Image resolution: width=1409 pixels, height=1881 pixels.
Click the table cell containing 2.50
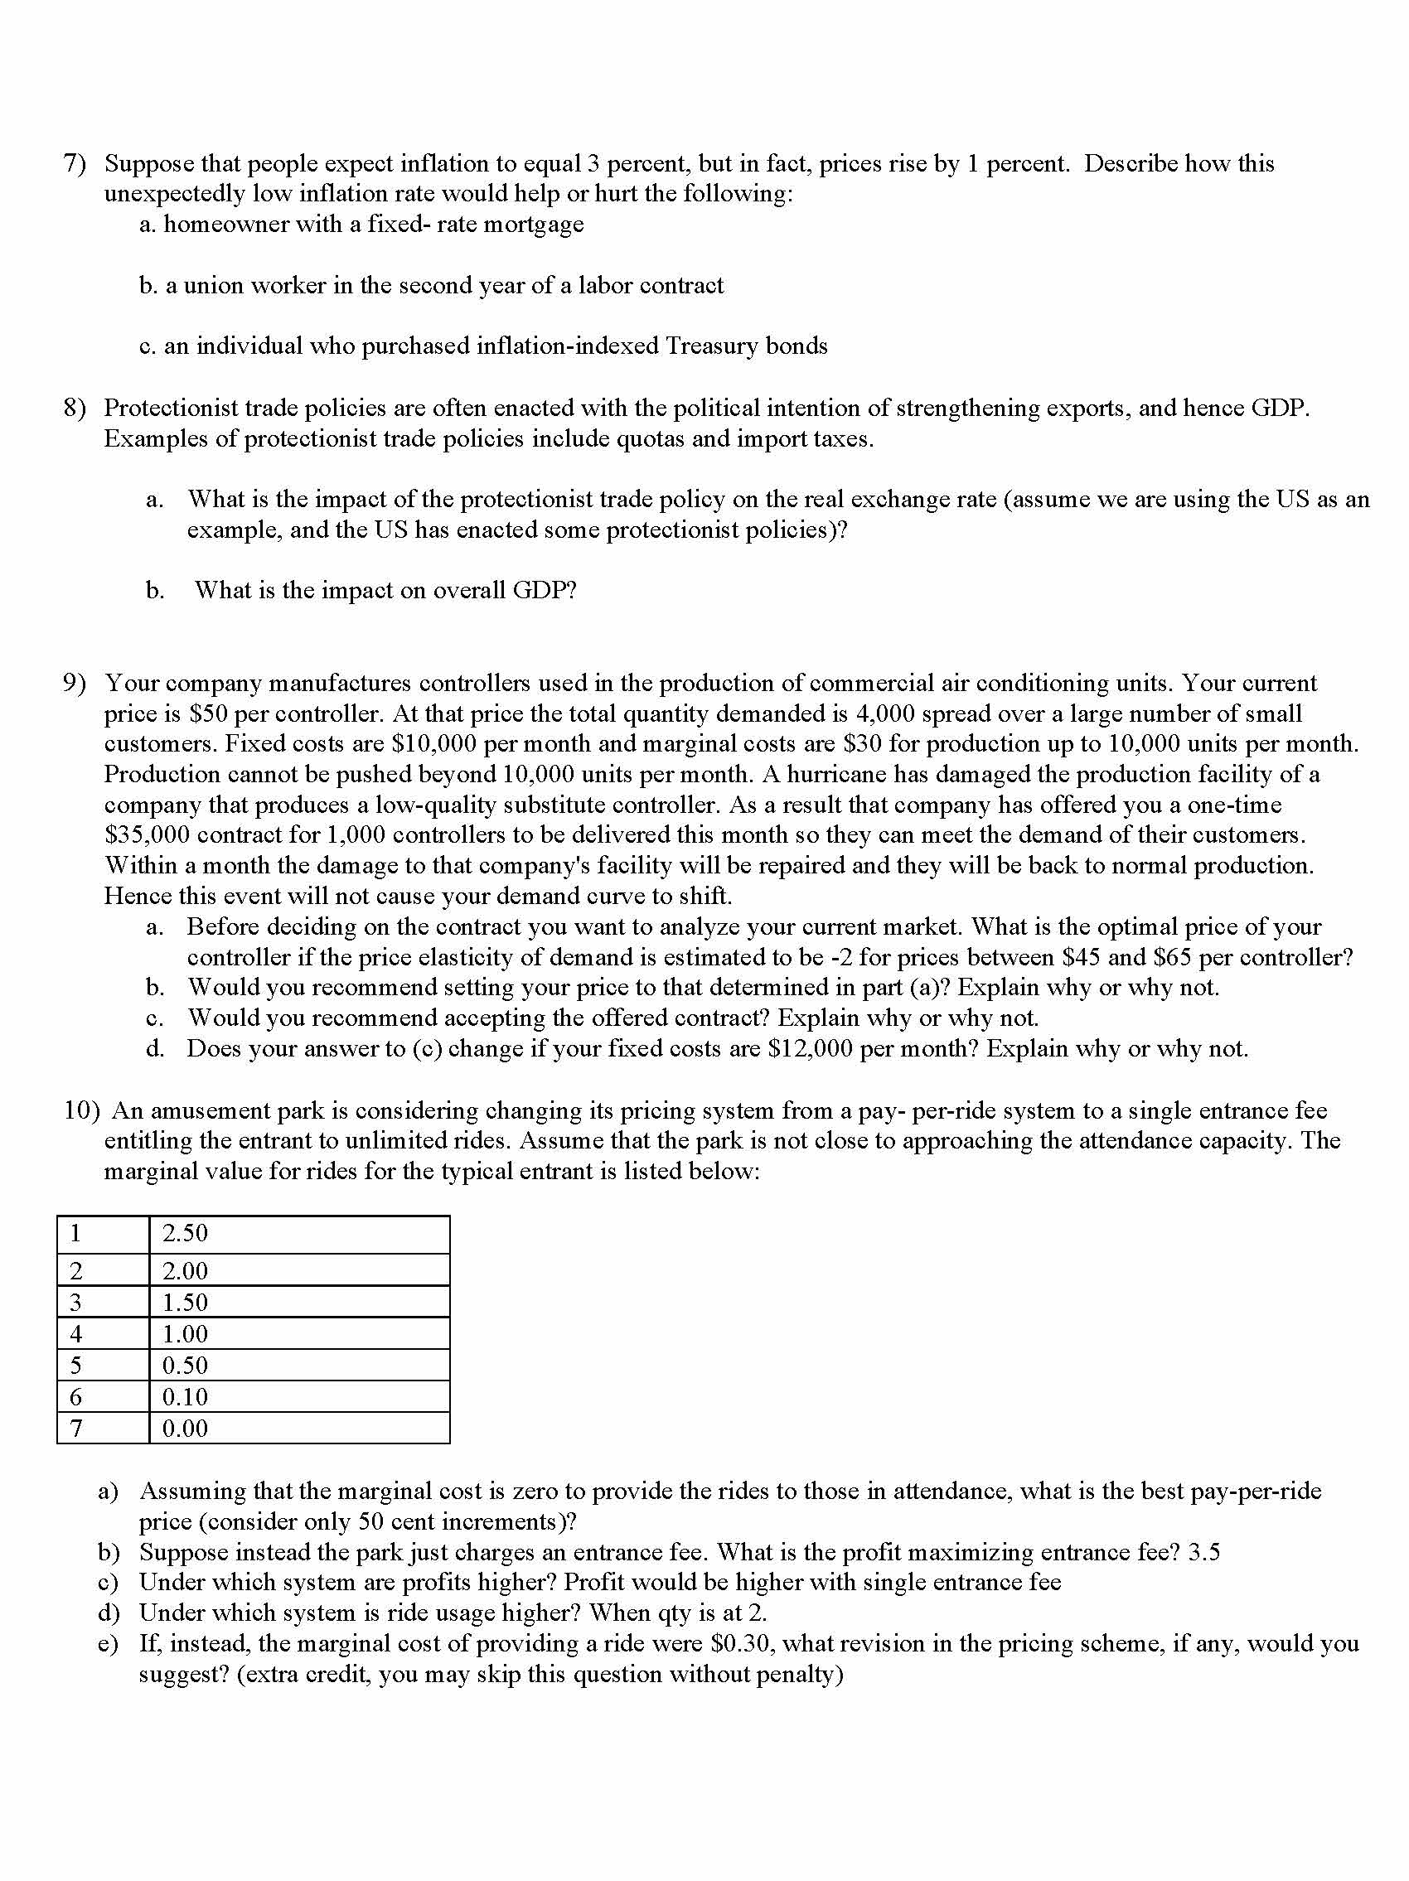[298, 1234]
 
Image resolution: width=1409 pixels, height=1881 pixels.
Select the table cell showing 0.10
[298, 1396]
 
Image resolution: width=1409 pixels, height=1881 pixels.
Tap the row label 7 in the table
[76, 1428]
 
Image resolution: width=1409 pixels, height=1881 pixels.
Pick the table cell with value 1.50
[298, 1302]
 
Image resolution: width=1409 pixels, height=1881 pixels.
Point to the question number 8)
[75, 409]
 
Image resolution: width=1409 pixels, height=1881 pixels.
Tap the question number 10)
[83, 1110]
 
